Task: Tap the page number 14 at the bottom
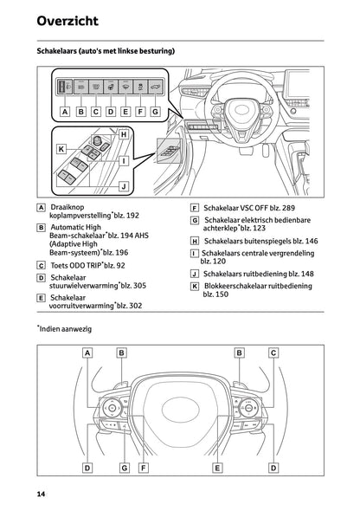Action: pyautogui.click(x=41, y=494)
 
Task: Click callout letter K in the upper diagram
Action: pyautogui.click(x=61, y=149)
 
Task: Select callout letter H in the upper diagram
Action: pyautogui.click(x=124, y=134)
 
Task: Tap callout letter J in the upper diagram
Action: pyautogui.click(x=124, y=186)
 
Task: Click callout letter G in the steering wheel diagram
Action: pyautogui.click(x=125, y=468)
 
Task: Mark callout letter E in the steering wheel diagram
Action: pyautogui.click(x=217, y=468)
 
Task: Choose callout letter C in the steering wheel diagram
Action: pyautogui.click(x=273, y=353)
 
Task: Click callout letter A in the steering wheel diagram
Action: pyautogui.click(x=88, y=353)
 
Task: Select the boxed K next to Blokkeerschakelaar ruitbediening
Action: pyautogui.click(x=195, y=285)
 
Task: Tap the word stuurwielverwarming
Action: pyautogui.click(x=87, y=285)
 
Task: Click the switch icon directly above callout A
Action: pyautogui.click(x=64, y=87)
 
